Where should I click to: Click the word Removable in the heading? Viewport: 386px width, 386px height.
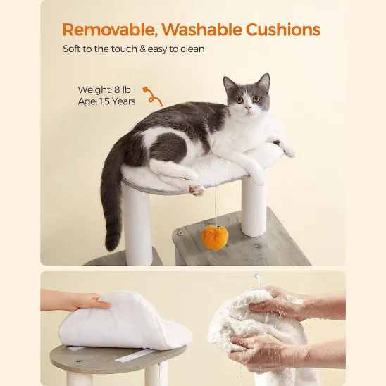coord(105,30)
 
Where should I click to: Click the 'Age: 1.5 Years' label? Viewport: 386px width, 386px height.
coord(106,101)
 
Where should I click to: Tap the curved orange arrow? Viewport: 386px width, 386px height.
coord(152,96)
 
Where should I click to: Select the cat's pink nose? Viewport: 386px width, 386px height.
coord(249,108)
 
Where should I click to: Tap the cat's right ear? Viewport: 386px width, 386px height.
coord(263,81)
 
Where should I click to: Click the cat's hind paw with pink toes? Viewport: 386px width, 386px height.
coord(198,189)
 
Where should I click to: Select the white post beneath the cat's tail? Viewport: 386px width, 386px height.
coord(138,225)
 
